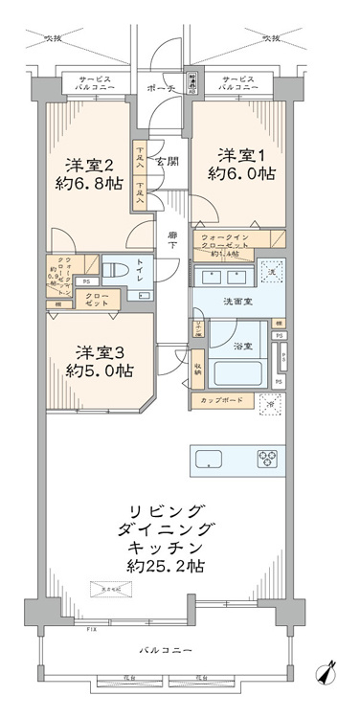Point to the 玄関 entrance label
click(168, 161)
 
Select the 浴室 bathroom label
click(241, 346)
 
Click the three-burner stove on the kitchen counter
click(265, 460)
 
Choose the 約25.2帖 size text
click(165, 566)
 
